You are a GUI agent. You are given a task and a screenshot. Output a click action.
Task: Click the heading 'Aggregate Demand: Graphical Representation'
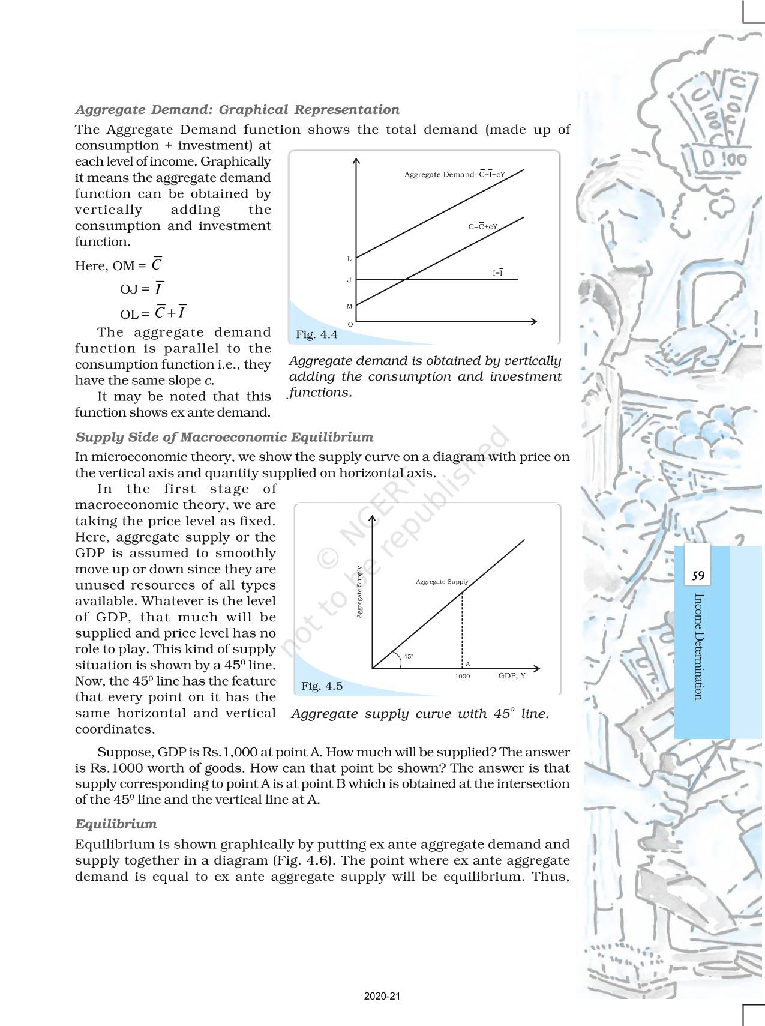[237, 110]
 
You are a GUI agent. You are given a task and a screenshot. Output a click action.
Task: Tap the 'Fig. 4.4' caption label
[316, 335]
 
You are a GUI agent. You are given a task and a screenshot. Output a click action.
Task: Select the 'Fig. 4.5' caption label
[322, 686]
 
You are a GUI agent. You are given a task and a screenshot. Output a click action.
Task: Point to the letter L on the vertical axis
[349, 259]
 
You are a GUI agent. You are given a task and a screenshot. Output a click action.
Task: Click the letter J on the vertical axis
[349, 280]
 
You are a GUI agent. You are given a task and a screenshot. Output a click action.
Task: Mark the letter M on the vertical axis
[349, 306]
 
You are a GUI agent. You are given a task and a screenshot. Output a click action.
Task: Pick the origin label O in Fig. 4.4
[350, 324]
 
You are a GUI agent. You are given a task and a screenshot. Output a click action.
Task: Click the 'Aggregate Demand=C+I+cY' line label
[454, 175]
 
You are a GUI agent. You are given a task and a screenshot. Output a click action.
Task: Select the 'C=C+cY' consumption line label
[482, 227]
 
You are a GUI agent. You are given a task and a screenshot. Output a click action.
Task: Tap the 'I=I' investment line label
[497, 273]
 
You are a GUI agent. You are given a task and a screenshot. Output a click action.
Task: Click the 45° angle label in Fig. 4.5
[408, 657]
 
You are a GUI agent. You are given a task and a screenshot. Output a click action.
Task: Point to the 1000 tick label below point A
[462, 677]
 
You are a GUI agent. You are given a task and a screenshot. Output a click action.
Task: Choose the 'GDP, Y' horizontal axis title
[511, 676]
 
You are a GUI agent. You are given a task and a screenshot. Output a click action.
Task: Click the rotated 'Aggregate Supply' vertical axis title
[359, 592]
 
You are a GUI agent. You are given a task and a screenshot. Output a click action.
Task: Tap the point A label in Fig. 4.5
[467, 664]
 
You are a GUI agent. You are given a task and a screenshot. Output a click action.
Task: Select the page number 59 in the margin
[698, 576]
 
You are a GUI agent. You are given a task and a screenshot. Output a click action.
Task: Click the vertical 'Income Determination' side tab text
[698, 646]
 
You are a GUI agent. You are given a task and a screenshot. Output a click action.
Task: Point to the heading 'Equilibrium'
[116, 824]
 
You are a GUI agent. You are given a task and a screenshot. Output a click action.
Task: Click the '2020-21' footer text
[382, 996]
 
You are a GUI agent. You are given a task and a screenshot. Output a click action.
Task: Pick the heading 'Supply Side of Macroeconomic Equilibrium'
[224, 437]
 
